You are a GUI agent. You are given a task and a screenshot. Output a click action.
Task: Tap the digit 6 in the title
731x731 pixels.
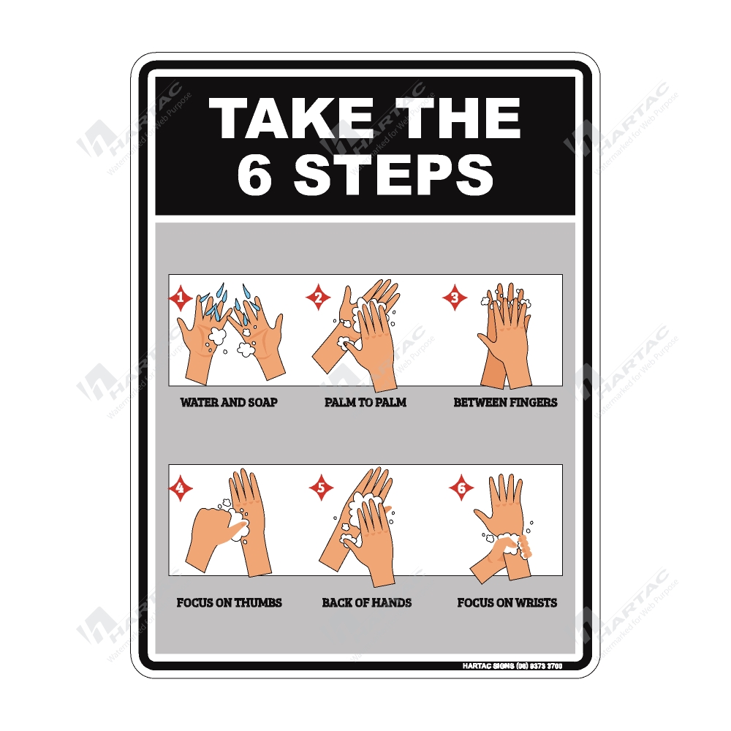(254, 176)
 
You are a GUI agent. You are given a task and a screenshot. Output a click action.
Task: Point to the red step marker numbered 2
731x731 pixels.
(318, 298)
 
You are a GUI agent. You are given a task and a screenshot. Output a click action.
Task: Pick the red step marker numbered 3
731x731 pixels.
(455, 298)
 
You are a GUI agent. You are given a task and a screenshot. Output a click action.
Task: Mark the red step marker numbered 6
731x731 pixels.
(461, 488)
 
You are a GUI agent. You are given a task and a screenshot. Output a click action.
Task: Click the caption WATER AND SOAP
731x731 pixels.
(229, 402)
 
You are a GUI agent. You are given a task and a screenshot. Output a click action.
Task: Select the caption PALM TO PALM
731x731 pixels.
(365, 402)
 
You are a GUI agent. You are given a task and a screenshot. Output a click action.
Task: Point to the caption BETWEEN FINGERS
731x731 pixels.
(505, 402)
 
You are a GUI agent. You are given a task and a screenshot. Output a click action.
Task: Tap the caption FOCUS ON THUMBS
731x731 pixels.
(229, 603)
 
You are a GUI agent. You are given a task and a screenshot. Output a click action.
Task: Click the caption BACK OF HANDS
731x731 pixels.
(366, 603)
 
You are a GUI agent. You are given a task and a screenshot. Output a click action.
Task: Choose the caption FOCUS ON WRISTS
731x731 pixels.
(507, 603)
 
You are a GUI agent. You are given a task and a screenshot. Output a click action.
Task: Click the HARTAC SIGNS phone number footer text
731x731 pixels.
(512, 666)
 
